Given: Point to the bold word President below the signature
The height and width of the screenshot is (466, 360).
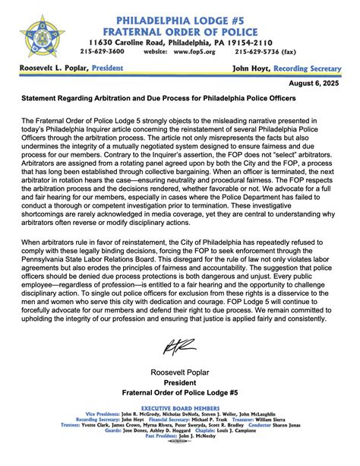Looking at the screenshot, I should click(x=180, y=383).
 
